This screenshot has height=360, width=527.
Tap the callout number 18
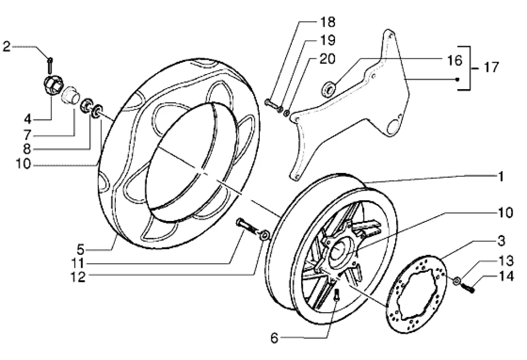click(x=327, y=22)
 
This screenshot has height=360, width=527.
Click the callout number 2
click(x=6, y=47)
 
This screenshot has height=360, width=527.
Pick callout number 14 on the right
click(x=506, y=277)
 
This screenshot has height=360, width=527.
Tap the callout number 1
click(x=500, y=176)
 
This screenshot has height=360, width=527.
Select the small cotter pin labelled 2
click(x=49, y=65)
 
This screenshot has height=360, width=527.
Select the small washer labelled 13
click(x=456, y=281)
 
